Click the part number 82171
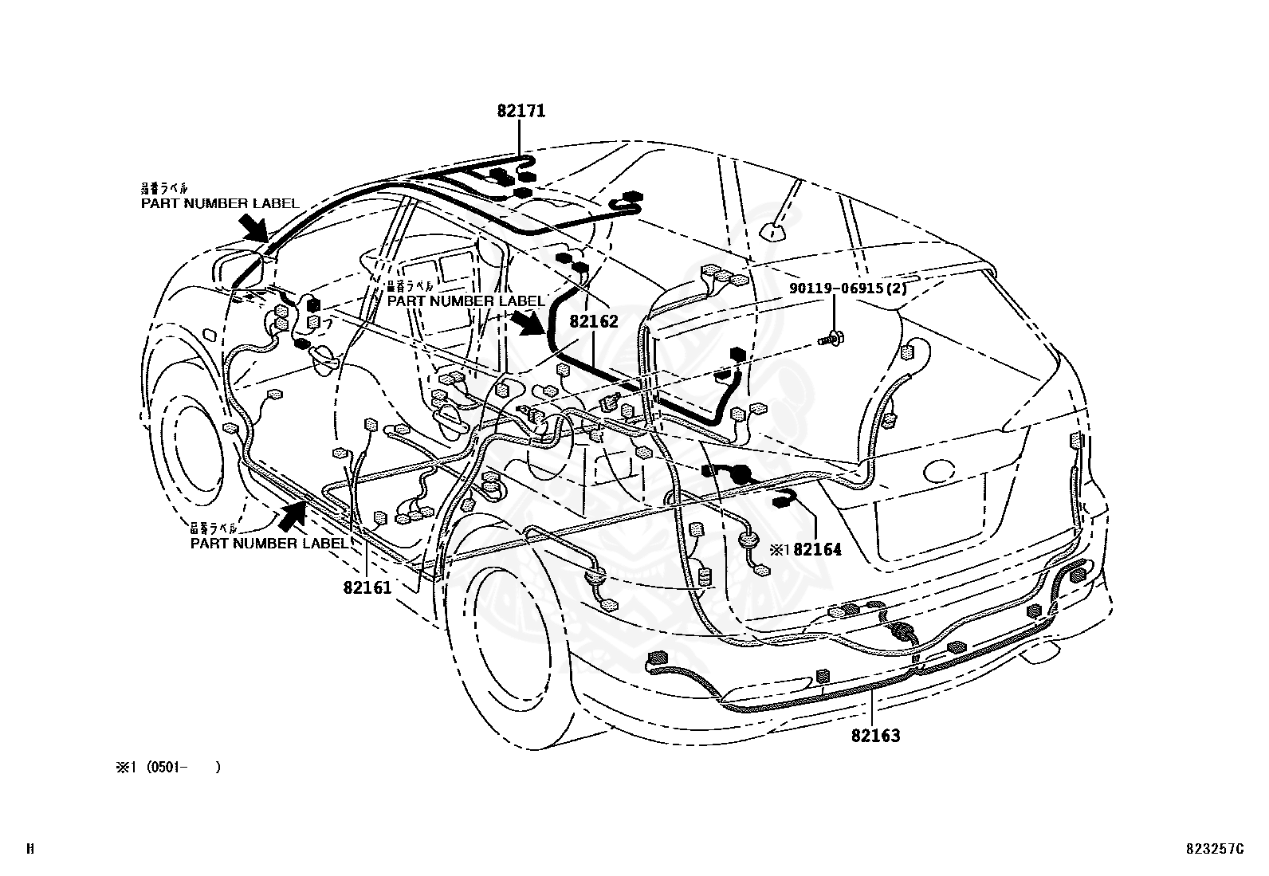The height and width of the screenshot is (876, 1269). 521,111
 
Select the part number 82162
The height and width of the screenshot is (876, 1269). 594,322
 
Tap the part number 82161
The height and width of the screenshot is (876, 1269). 367,587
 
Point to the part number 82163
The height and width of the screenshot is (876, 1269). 875,736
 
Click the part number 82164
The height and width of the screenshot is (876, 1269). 817,549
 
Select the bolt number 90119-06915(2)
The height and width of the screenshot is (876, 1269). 848,289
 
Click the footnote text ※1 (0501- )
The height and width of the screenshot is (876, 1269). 167,767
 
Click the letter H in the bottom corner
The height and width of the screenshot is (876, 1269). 30,849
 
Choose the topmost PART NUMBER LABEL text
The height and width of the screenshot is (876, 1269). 220,203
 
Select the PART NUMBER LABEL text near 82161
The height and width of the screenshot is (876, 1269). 269,543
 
